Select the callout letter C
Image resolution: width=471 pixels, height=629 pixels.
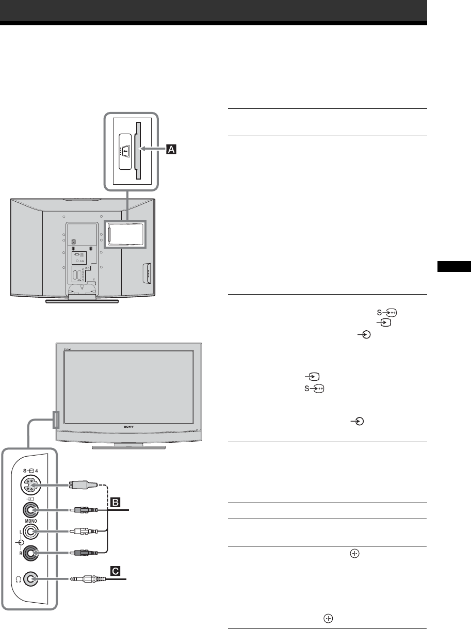pos(117,571)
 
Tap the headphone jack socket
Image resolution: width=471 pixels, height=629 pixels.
pos(30,579)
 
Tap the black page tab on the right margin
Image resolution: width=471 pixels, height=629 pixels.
pos(454,267)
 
